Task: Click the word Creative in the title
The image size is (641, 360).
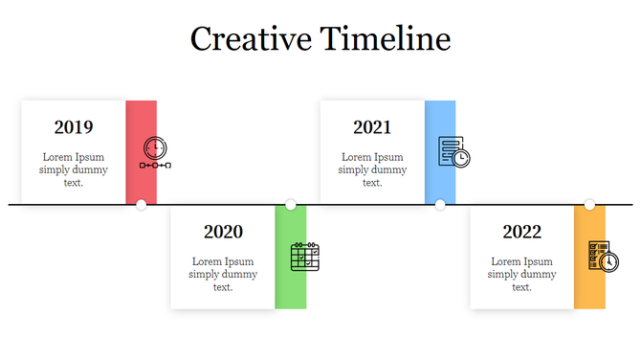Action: pos(251,38)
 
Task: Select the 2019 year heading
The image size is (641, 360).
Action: pos(74,127)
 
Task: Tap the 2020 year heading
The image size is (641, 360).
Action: pos(223,232)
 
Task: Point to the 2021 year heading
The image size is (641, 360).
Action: pos(372,127)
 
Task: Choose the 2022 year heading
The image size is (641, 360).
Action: pos(521,232)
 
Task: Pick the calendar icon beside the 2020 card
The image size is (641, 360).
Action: pos(304,257)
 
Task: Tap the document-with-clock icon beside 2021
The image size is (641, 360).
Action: pos(453,152)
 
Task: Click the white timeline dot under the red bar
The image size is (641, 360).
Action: pos(142,204)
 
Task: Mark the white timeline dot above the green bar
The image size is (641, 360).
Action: pos(291,204)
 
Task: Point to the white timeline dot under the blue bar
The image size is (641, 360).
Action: pos(440,204)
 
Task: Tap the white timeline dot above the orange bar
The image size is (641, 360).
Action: pos(589,204)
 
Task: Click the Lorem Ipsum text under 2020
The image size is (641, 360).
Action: pos(223,274)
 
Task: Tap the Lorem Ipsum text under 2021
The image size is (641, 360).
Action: pos(372,169)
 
